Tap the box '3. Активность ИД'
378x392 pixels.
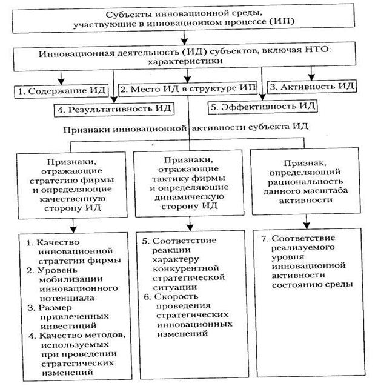(311, 87)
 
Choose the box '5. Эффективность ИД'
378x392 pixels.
(262, 107)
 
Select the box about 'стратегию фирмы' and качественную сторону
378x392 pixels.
(73, 181)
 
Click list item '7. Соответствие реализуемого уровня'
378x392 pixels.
(309, 261)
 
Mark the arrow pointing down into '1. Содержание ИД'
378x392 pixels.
(60, 79)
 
